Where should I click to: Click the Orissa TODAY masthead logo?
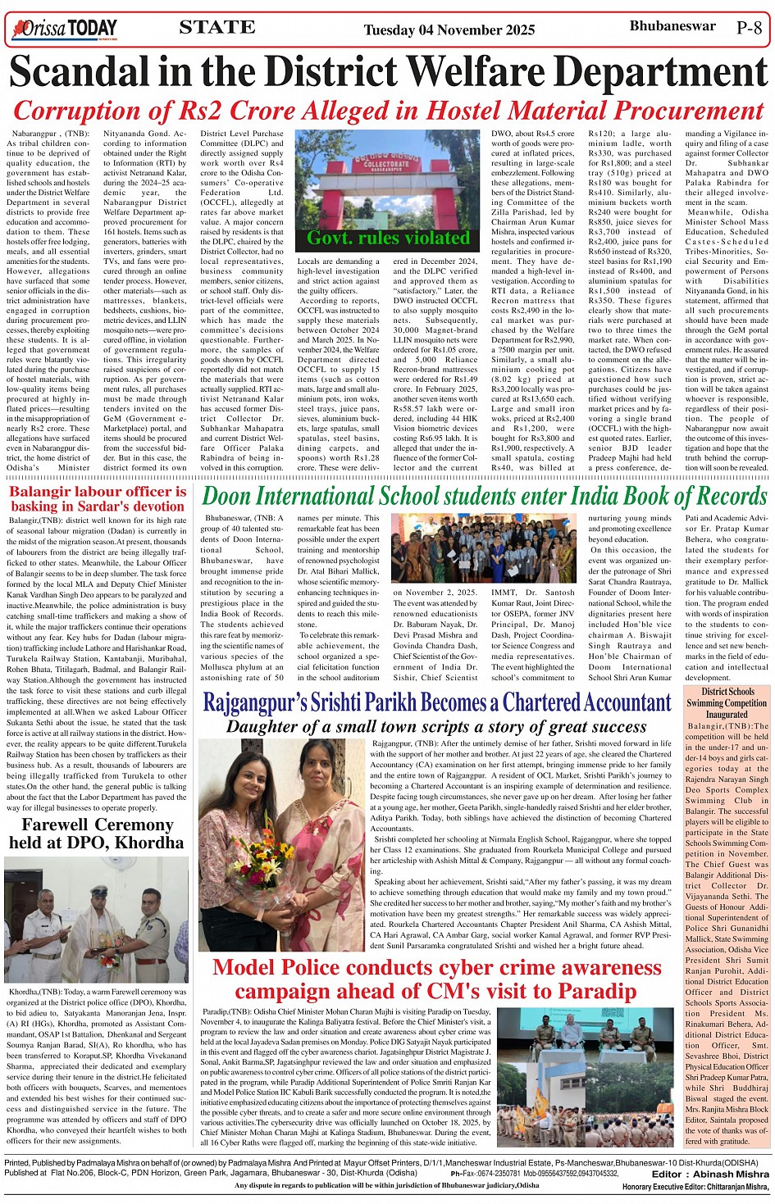(66, 30)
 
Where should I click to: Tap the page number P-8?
(750, 28)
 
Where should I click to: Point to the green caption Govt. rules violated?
(388, 239)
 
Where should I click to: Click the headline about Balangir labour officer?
(98, 498)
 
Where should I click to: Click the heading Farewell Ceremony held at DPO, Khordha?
(97, 834)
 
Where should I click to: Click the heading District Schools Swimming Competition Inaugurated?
(727, 702)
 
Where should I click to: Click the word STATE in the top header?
(217, 27)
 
